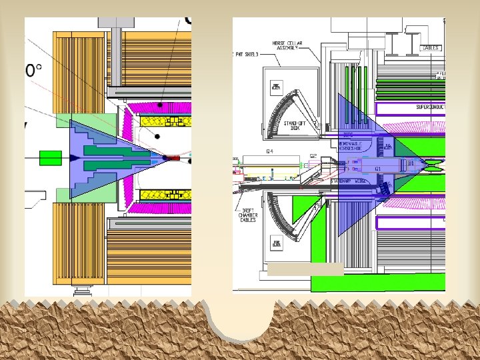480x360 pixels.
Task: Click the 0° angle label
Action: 34,70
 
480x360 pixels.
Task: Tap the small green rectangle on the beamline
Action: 50,158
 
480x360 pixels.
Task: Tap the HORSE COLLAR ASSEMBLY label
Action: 288,45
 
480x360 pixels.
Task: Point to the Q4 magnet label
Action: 270,152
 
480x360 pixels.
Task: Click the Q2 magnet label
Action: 314,156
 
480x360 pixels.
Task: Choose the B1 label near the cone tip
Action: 411,162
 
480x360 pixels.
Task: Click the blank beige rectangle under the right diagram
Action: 305,269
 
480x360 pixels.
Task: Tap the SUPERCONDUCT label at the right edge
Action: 429,107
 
